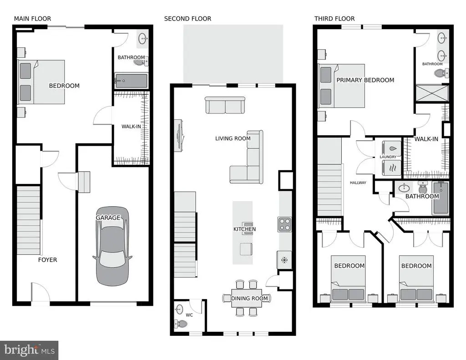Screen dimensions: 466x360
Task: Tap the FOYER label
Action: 47,260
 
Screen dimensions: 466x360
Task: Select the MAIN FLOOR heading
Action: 32,19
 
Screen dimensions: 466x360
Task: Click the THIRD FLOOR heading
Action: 334,19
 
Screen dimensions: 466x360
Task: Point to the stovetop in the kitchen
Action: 284,224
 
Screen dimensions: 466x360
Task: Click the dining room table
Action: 247,298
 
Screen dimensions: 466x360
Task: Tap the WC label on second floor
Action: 189,315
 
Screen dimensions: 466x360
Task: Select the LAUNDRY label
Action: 388,157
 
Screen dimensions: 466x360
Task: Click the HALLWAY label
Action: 358,183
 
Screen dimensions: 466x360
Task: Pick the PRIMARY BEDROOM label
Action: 365,80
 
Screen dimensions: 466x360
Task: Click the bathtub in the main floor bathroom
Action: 131,81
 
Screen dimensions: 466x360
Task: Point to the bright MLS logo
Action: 29,350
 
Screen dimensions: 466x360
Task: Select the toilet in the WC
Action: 181,324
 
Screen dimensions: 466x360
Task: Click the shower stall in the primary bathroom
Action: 432,93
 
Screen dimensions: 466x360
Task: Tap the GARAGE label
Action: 108,218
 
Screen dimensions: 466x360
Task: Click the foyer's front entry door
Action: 41,293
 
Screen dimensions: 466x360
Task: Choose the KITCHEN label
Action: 244,229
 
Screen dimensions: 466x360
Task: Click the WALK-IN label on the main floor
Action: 131,127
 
